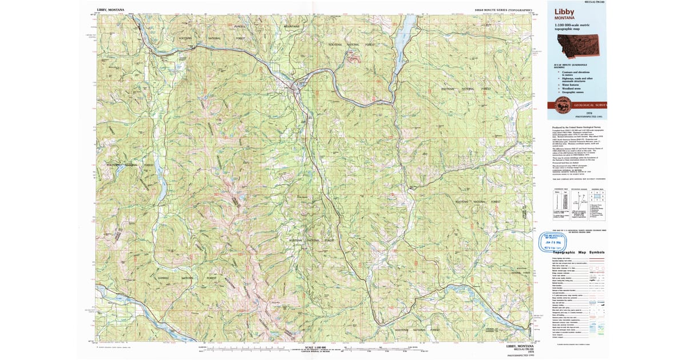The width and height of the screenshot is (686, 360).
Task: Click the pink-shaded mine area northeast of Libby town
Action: point(354,58)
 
